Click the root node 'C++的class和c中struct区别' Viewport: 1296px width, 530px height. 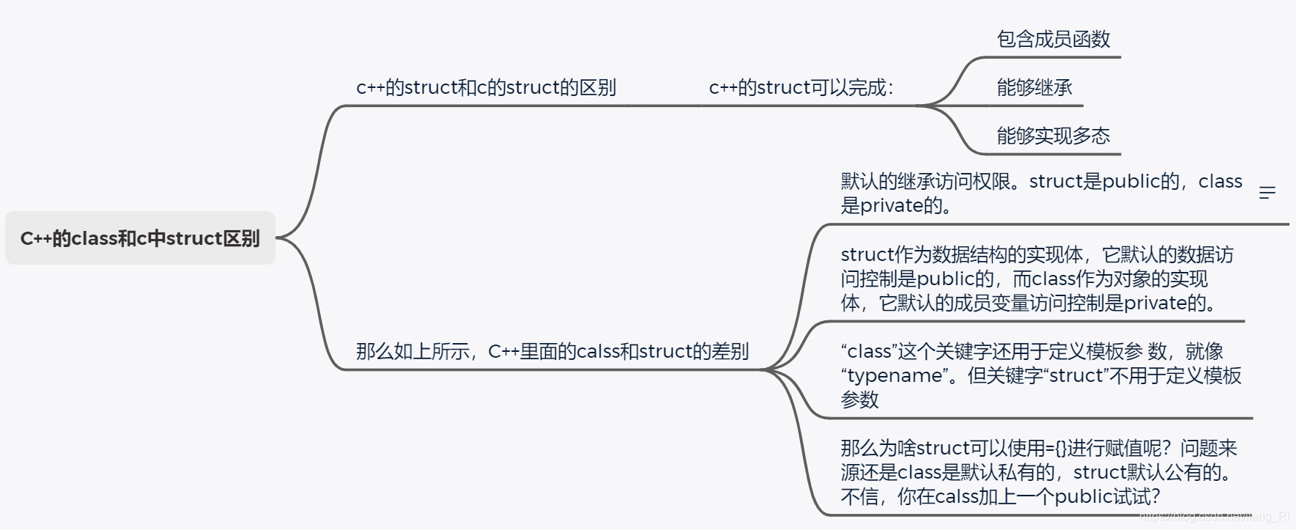click(140, 238)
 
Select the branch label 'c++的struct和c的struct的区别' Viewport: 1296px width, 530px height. click(486, 88)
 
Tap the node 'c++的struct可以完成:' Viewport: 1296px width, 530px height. click(801, 88)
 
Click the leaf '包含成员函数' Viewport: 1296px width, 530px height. click(1054, 40)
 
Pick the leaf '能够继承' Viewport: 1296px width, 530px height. click(1034, 88)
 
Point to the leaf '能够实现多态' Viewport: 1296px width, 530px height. click(1054, 136)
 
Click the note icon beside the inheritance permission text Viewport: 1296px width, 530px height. click(1267, 193)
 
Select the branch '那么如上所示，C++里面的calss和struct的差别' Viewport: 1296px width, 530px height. click(552, 352)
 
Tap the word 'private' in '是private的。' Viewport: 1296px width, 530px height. click(892, 206)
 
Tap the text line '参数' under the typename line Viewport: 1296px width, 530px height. click(859, 400)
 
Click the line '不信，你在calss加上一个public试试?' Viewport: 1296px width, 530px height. click(1000, 497)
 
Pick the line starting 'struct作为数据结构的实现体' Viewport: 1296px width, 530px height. click(1037, 255)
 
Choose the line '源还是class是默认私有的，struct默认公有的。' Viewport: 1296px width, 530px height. click(1036, 473)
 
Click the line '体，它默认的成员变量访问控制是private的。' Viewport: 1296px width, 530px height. click(1029, 303)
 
